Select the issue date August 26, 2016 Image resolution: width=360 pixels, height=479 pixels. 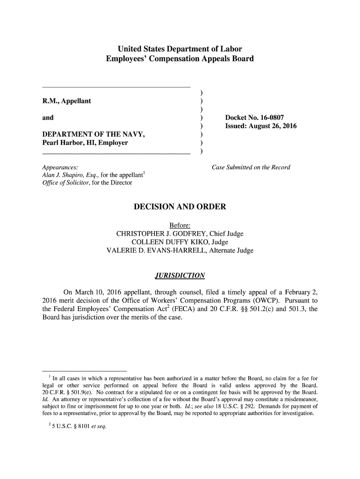(x=276, y=126)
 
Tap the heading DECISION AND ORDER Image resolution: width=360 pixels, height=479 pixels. (x=180, y=206)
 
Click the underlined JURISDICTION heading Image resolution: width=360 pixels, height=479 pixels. (x=180, y=275)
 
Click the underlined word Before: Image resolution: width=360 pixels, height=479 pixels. (x=180, y=225)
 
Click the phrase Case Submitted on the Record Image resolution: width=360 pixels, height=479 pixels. (x=251, y=167)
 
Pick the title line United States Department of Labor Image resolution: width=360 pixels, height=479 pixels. (x=180, y=49)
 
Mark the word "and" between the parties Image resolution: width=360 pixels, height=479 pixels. (x=48, y=118)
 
